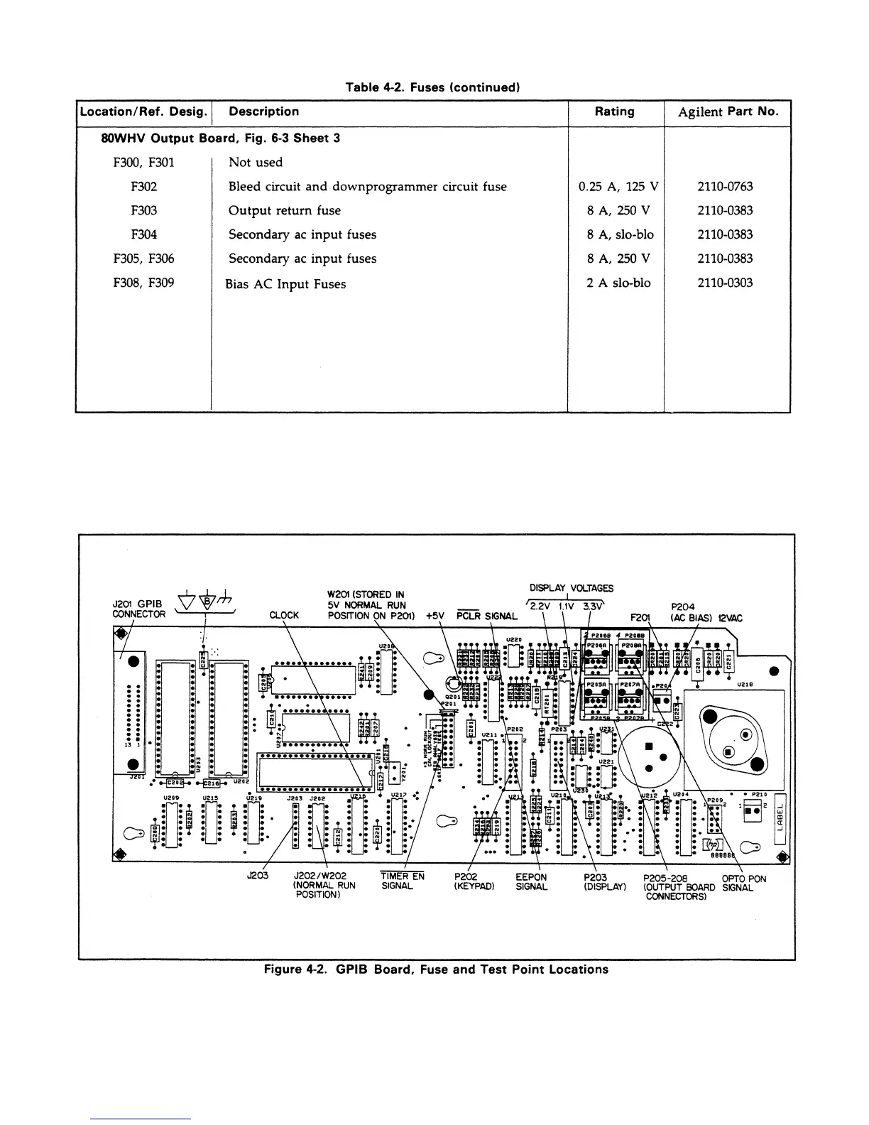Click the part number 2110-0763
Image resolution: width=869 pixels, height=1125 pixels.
tap(725, 187)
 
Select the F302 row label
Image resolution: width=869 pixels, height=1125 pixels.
tap(144, 187)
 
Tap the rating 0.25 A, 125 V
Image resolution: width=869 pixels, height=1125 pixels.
tap(618, 187)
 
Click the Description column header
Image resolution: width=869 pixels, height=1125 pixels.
tap(263, 112)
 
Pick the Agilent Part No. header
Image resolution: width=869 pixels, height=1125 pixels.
tap(728, 112)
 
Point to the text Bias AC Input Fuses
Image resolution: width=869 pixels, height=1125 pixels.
tap(285, 284)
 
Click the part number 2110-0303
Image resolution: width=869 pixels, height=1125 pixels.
tap(725, 283)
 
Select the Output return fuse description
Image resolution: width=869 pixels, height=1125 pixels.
tap(284, 210)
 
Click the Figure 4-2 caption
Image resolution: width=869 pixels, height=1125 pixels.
tap(436, 969)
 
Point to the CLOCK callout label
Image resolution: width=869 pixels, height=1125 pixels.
tap(285, 616)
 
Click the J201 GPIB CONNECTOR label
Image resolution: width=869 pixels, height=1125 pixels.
tap(138, 609)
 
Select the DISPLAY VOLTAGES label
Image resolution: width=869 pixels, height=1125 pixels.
tap(572, 588)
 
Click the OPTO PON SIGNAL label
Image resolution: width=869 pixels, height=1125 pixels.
tap(743, 883)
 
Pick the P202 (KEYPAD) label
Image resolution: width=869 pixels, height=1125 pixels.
tap(474, 882)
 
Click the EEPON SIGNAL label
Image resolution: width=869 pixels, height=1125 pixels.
tap(531, 882)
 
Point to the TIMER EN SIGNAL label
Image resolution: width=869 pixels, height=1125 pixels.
tap(403, 881)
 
